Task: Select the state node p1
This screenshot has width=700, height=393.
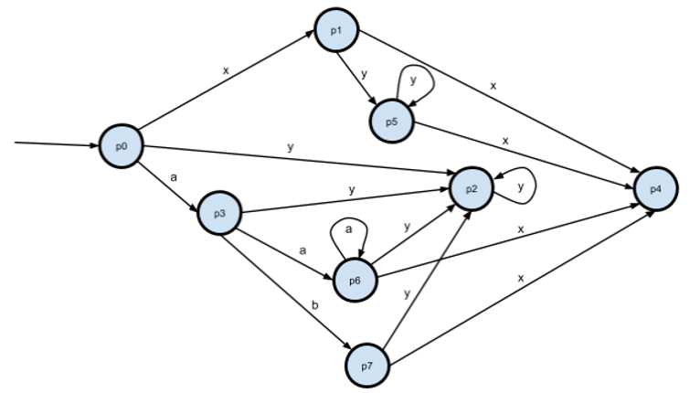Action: pyautogui.click(x=335, y=30)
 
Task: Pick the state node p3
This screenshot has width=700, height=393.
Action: pyautogui.click(x=219, y=213)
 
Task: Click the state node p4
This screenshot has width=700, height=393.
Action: pyautogui.click(x=655, y=187)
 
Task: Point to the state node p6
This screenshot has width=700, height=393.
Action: pyautogui.click(x=355, y=280)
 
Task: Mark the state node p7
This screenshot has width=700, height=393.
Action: pyautogui.click(x=367, y=365)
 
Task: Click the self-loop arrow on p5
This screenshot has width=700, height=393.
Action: pyautogui.click(x=419, y=84)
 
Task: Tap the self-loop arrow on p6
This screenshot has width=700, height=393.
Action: pyautogui.click(x=345, y=232)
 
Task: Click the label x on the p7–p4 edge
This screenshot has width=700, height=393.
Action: pyautogui.click(x=521, y=277)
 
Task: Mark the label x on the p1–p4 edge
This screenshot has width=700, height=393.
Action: pyautogui.click(x=493, y=85)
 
